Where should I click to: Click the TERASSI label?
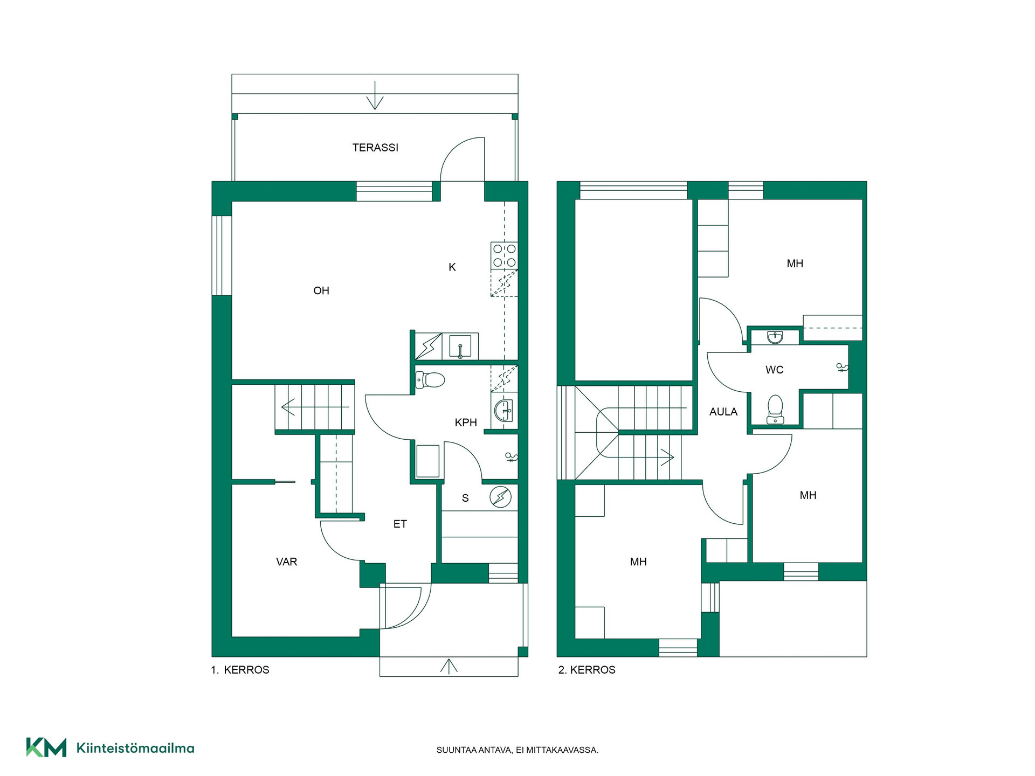(375, 148)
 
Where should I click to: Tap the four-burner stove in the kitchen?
(504, 255)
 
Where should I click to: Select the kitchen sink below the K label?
(460, 346)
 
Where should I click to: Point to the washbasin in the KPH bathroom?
(503, 411)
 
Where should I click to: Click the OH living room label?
(321, 291)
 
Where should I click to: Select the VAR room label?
(286, 562)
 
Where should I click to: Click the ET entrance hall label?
(400, 524)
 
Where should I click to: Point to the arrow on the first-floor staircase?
(315, 406)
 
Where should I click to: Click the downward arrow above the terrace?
(375, 95)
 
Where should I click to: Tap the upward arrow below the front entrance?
(449, 667)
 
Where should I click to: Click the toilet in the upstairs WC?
(775, 410)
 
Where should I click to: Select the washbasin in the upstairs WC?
(775, 338)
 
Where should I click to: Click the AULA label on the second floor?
(723, 412)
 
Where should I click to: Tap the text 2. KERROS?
(586, 670)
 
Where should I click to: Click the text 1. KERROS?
(240, 670)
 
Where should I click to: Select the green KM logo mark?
(46, 747)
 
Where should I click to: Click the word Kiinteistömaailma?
(135, 748)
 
